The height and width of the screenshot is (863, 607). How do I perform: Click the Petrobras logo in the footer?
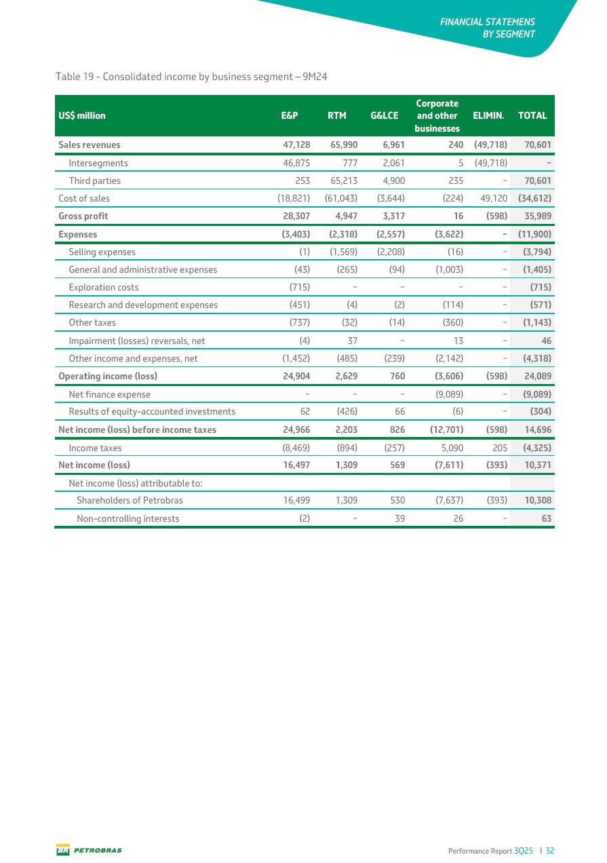89,850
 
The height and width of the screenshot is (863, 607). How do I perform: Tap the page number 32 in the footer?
549,850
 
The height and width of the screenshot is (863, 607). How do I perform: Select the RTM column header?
337,115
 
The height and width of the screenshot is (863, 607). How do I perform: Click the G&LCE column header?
385,115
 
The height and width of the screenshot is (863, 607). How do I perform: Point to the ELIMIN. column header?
488,115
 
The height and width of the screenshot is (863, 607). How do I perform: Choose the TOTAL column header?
532,115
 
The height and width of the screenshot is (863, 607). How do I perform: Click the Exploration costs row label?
104,287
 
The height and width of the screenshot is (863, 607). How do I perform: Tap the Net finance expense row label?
110,394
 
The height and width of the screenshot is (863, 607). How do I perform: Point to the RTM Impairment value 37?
351,341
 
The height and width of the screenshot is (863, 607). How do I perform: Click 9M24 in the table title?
315,77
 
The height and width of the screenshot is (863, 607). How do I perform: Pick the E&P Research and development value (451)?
300,305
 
